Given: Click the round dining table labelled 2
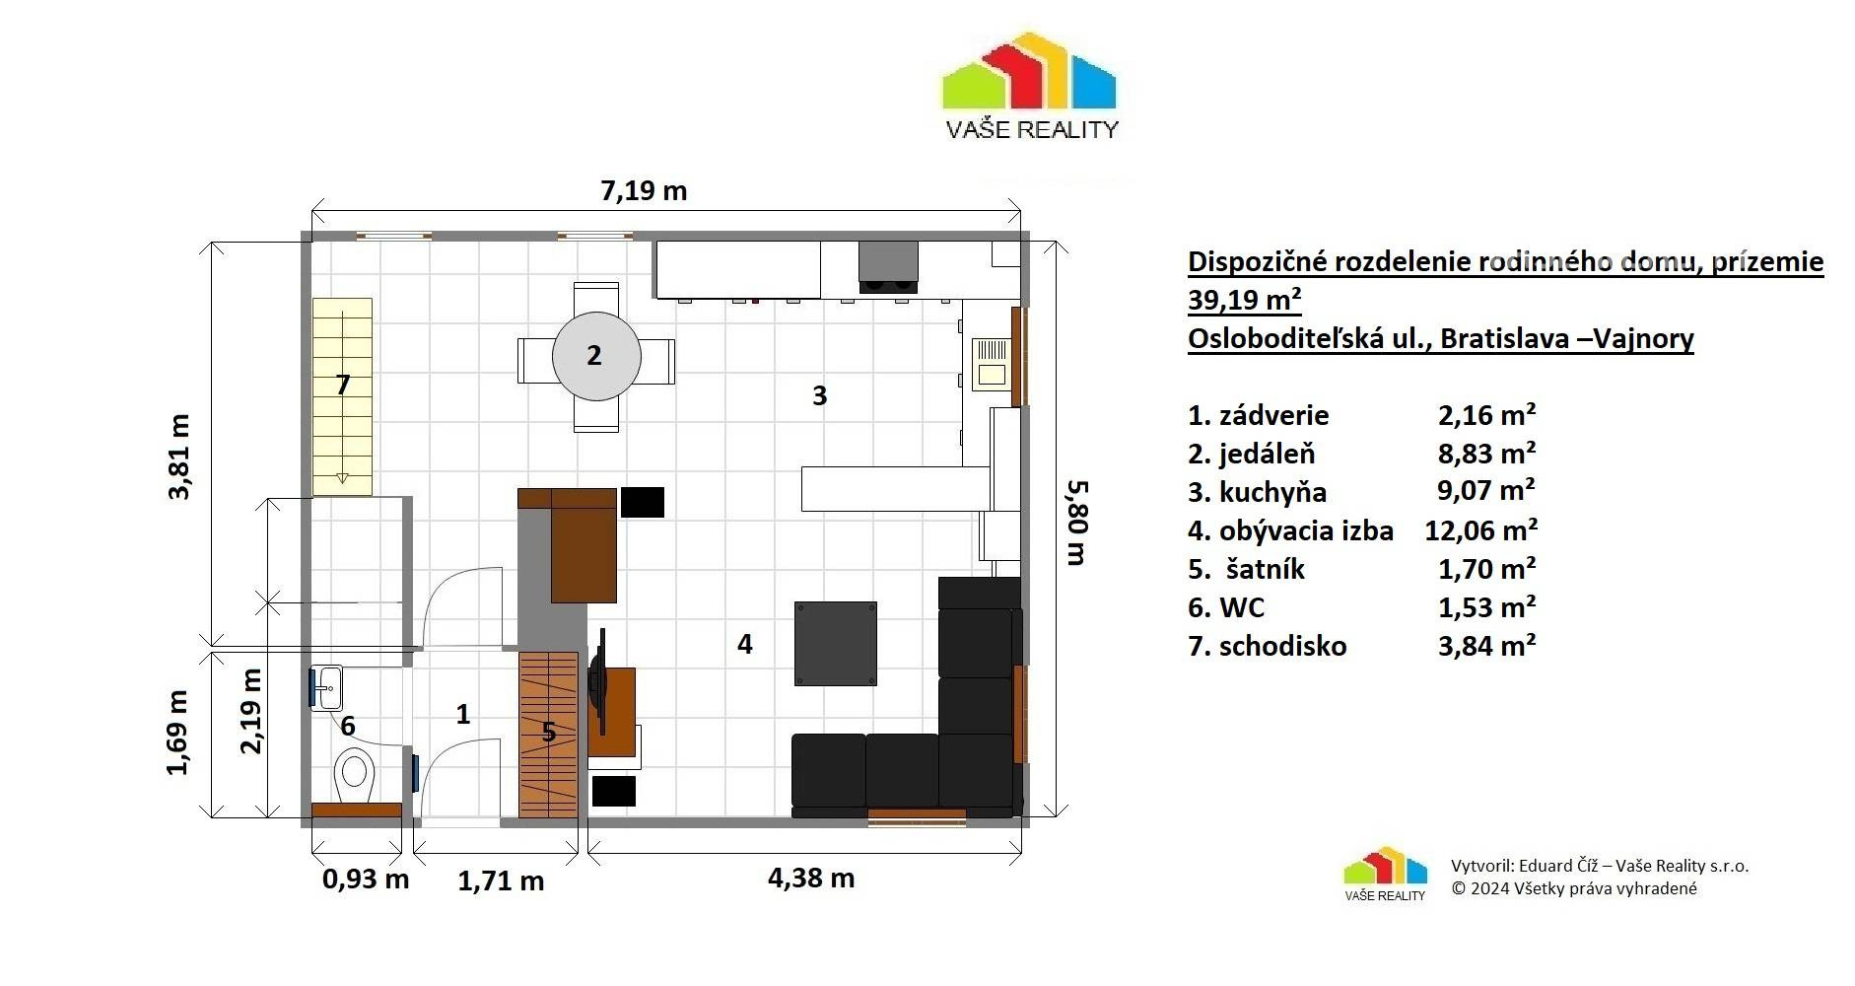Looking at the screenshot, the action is coord(596,356).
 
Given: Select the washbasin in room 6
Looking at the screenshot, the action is coord(327,687).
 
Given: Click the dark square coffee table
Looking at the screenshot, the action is coord(836,644).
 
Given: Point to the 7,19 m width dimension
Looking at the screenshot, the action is coord(644,190).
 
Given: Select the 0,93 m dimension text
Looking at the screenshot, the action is coord(366,878).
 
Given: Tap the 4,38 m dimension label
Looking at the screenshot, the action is coord(811,878).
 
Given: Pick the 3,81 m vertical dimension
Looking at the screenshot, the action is coord(180,457).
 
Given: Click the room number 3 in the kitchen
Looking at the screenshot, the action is coord(819,395).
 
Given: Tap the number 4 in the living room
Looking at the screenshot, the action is coord(745,644).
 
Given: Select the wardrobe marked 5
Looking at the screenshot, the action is coord(548,734).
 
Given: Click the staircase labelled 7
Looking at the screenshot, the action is coord(342,396).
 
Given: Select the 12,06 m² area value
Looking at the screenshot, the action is coord(1480,530).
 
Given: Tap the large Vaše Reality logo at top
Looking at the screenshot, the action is coord(1031,87).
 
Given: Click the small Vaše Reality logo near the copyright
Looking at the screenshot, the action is coord(1385,874).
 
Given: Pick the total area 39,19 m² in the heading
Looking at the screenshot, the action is coord(1245,299).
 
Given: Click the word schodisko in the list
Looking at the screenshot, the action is coord(1282,646).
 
